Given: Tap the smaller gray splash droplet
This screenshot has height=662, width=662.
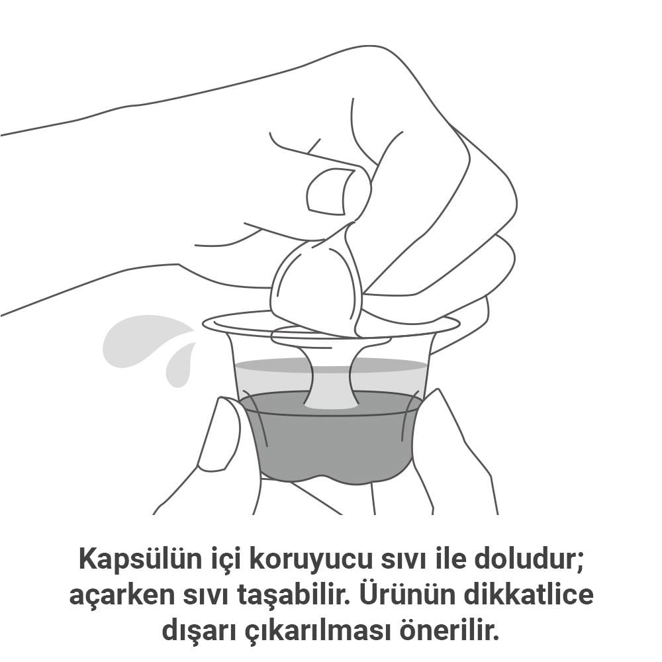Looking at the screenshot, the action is tap(181, 364).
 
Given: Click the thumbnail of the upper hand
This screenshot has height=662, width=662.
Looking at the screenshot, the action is tap(328, 191).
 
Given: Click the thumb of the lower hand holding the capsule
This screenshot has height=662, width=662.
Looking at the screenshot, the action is tap(221, 435).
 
